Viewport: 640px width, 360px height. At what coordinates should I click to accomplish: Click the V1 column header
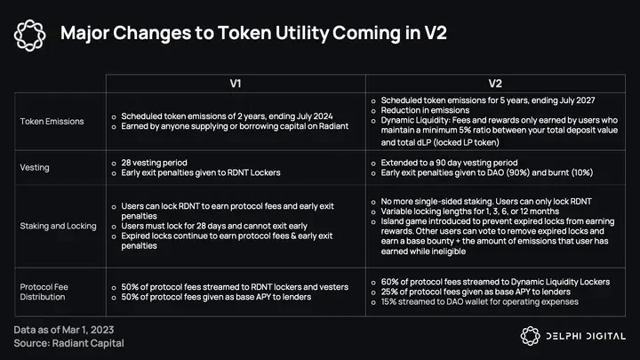(x=236, y=84)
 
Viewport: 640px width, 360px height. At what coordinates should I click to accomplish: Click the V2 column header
(x=495, y=84)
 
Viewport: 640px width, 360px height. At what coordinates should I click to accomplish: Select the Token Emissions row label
(x=52, y=121)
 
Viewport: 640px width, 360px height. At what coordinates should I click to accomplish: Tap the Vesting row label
(x=35, y=167)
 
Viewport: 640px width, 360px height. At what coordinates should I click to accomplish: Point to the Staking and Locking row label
(x=58, y=226)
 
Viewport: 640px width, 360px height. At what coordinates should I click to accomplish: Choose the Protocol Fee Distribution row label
(x=44, y=292)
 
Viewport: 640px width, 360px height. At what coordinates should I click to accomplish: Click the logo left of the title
(x=29, y=36)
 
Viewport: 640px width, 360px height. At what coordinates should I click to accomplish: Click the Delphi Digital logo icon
(x=530, y=336)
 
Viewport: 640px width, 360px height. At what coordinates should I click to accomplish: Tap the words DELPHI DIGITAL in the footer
(x=586, y=336)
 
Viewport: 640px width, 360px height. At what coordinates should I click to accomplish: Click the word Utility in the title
(x=301, y=33)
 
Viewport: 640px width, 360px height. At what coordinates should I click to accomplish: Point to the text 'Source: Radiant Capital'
(x=68, y=343)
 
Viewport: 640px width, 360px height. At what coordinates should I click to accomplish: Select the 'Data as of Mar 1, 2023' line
(x=64, y=330)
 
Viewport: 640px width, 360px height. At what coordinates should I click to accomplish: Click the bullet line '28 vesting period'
(x=154, y=163)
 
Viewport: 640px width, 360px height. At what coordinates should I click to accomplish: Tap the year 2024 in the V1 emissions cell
(x=323, y=116)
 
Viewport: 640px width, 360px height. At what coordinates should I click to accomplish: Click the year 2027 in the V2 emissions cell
(x=585, y=100)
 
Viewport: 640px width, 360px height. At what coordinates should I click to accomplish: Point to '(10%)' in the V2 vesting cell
(x=582, y=172)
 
